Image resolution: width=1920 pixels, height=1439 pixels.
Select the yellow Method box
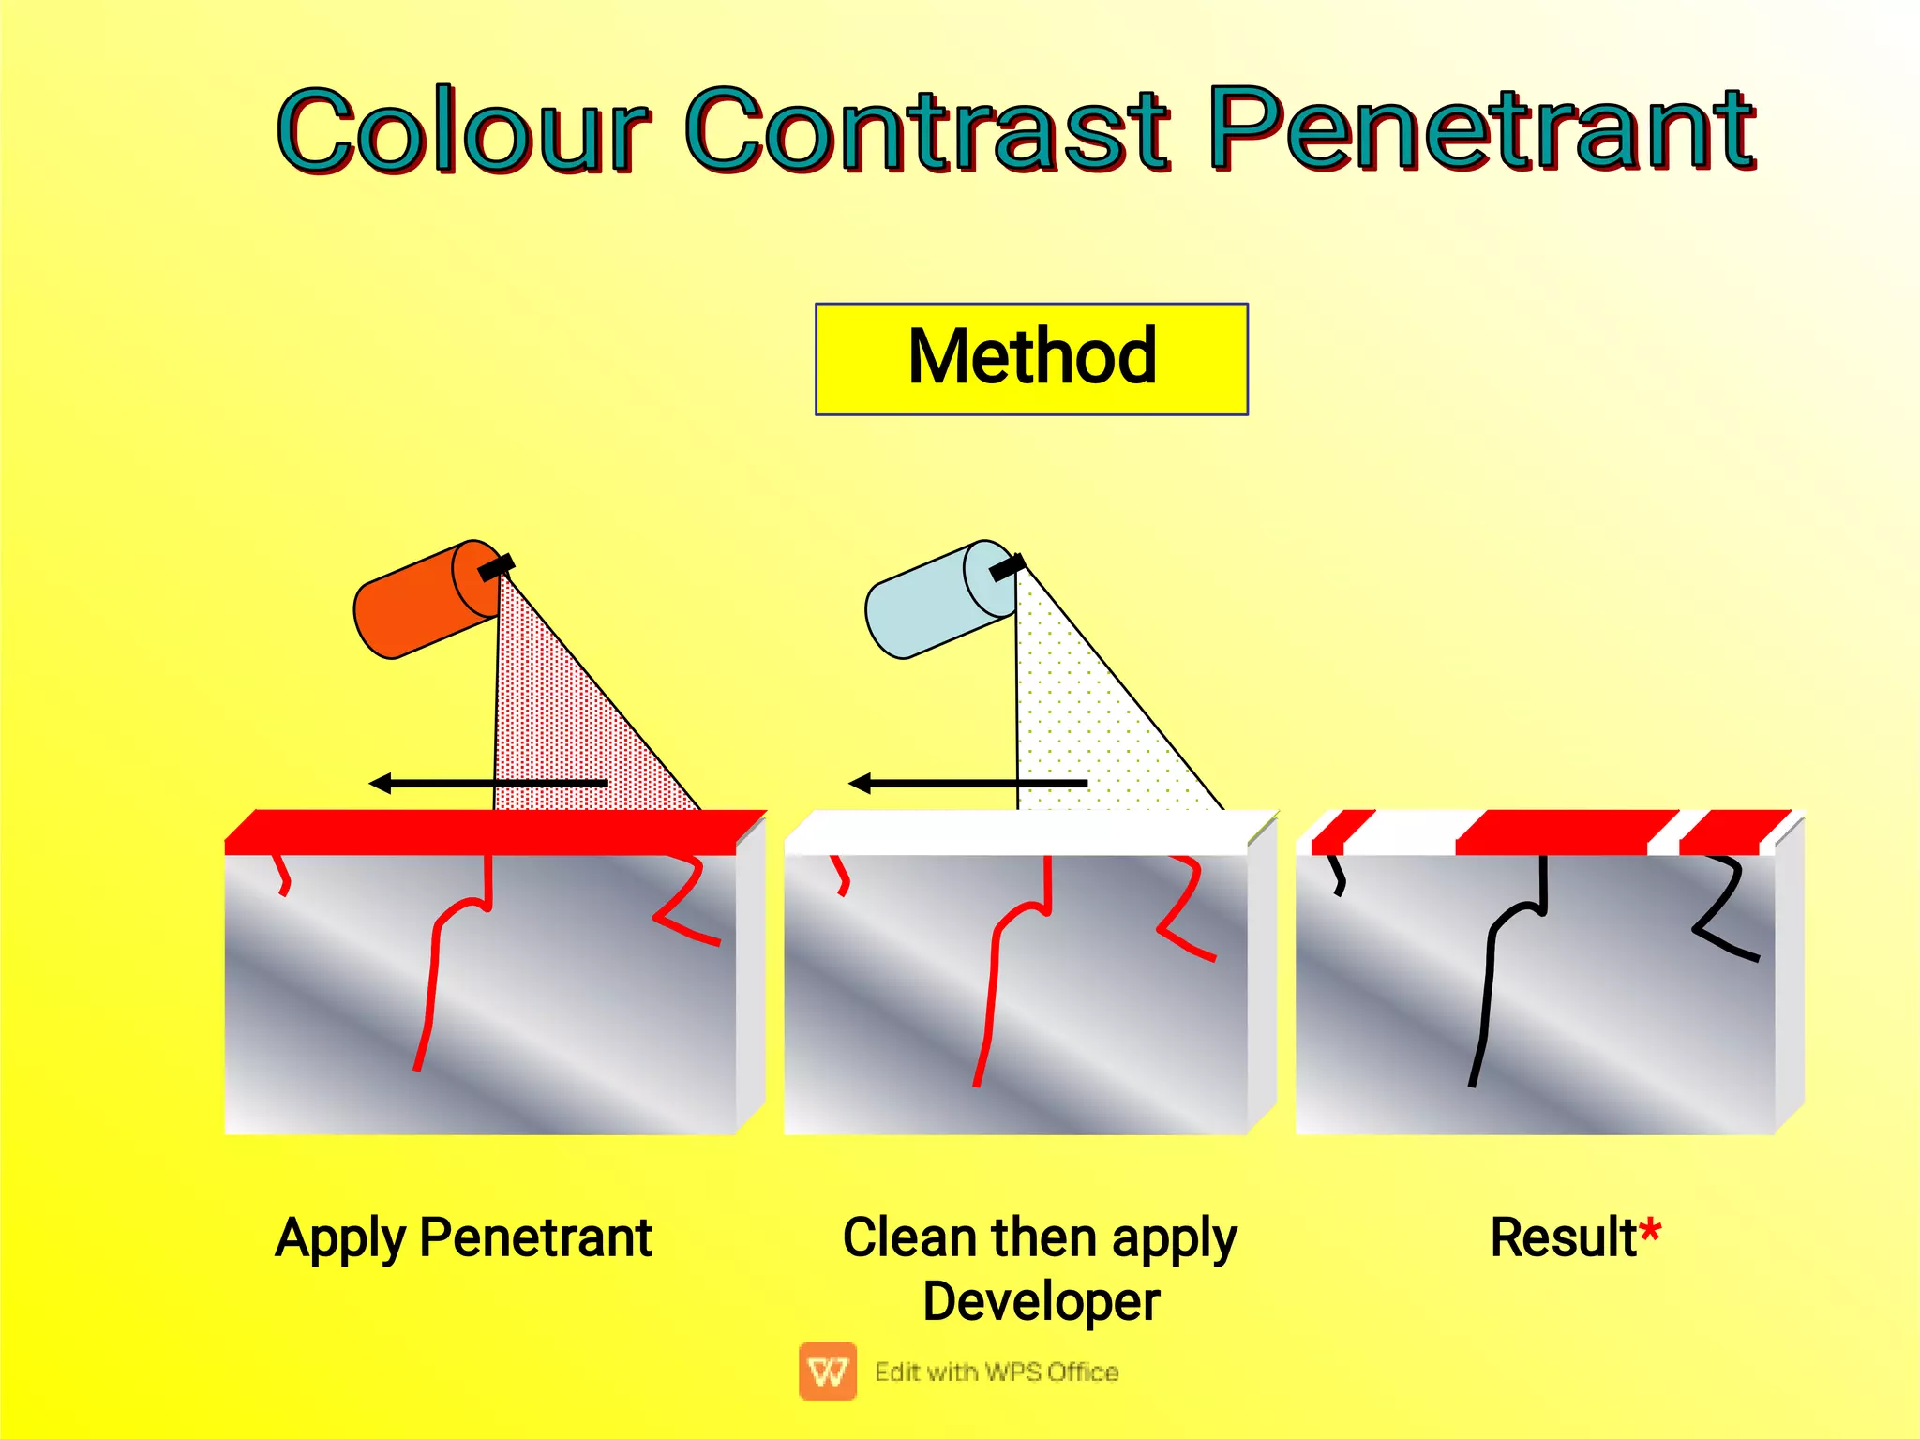point(1031,358)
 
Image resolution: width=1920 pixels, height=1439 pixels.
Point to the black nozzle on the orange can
point(496,566)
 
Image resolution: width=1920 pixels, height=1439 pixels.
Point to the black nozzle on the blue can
point(1008,566)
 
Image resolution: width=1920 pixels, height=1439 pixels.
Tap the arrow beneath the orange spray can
point(487,783)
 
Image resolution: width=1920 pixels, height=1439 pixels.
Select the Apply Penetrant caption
point(463,1237)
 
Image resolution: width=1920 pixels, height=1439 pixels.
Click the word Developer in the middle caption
point(1041,1301)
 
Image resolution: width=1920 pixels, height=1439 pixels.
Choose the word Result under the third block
point(1563,1237)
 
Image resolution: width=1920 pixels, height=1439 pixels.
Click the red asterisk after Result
point(1650,1230)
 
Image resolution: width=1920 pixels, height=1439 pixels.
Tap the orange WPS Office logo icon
point(828,1371)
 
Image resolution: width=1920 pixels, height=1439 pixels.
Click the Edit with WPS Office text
point(997,1372)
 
